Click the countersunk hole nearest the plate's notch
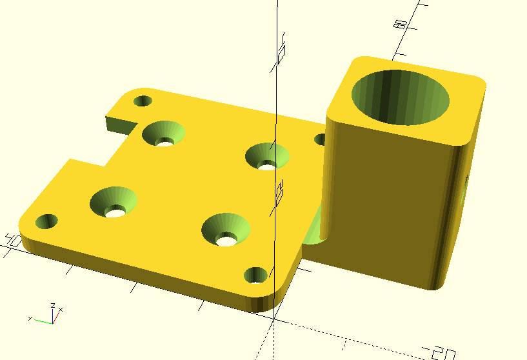(164, 134)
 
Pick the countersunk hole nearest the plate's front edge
(226, 230)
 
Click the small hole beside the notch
(143, 101)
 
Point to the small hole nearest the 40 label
(46, 222)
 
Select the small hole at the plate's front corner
(255, 275)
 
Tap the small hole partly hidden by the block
(320, 139)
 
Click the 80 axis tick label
(400, 24)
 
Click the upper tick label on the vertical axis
(281, 54)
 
